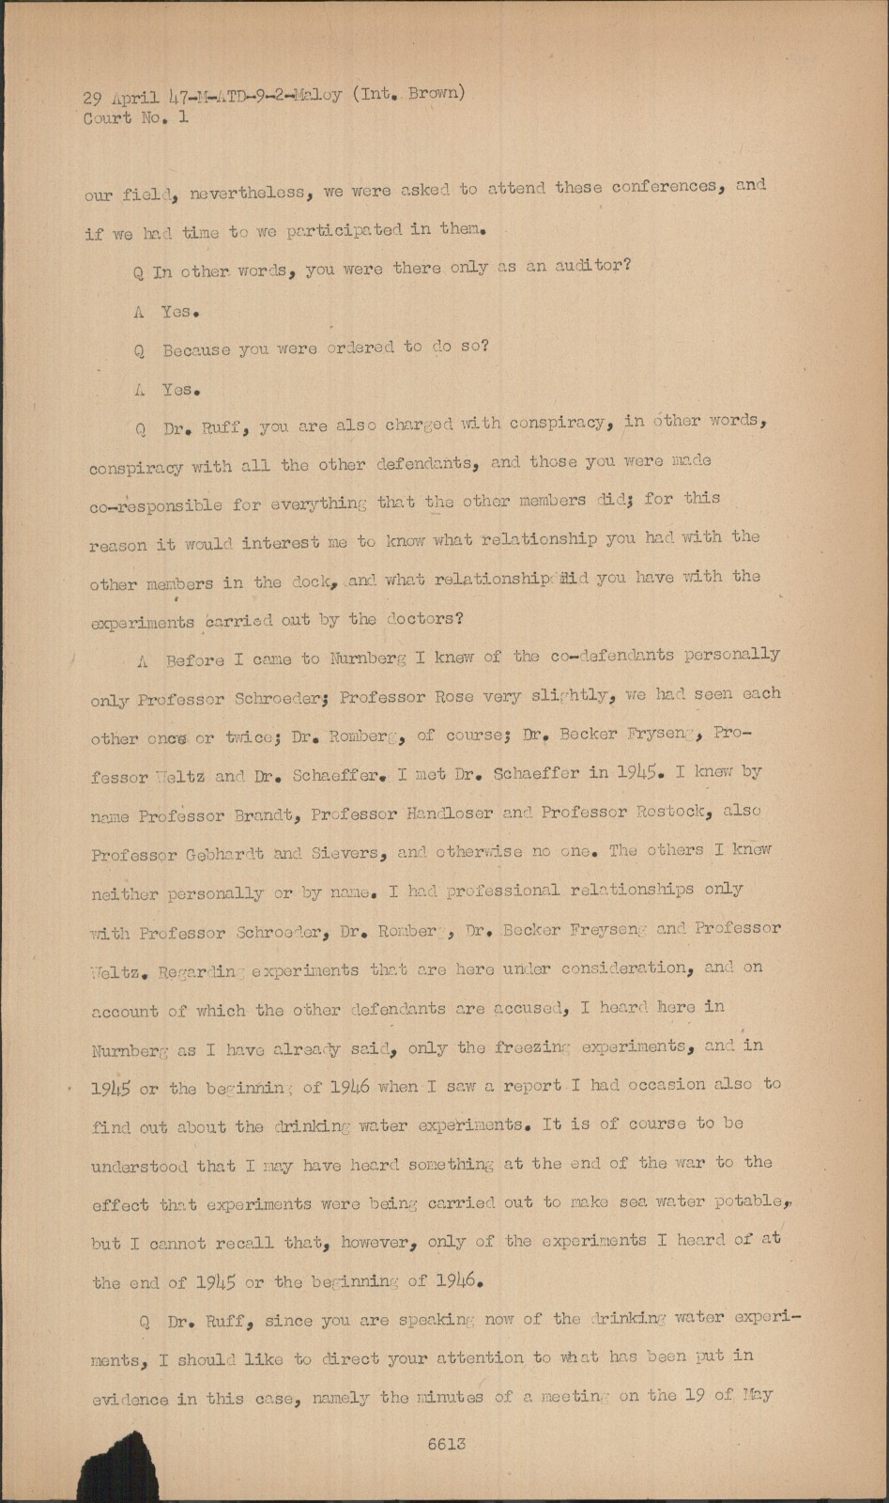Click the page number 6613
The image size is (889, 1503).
446,1445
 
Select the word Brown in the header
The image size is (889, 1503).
436,93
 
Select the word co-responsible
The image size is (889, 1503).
156,505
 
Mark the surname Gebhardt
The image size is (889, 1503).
223,855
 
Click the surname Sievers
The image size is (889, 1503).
338,854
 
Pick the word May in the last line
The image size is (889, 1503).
757,1394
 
